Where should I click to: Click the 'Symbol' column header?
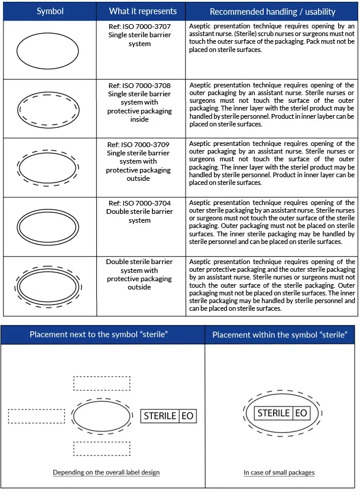[x=50, y=11]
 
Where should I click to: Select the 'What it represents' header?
[x=142, y=11]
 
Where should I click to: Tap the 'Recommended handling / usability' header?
[x=273, y=12]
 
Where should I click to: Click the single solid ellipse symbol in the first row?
[x=48, y=50]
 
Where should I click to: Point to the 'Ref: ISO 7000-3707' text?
[x=140, y=27]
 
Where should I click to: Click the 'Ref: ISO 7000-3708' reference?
[x=140, y=86]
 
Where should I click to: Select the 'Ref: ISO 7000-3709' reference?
[x=140, y=145]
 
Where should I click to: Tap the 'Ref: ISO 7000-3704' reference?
[x=140, y=203]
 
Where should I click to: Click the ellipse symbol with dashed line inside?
[x=48, y=109]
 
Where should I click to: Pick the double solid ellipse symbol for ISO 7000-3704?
[x=48, y=226]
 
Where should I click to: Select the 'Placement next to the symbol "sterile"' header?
[x=99, y=334]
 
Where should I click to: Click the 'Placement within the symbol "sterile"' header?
[x=279, y=335]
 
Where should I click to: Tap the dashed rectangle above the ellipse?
[x=101, y=383]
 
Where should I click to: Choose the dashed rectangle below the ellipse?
[x=101, y=448]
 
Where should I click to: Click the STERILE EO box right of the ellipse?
[x=168, y=416]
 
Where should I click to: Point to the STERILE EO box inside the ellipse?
[x=282, y=413]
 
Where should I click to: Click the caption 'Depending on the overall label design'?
[x=106, y=473]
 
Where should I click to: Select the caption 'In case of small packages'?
[x=279, y=473]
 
